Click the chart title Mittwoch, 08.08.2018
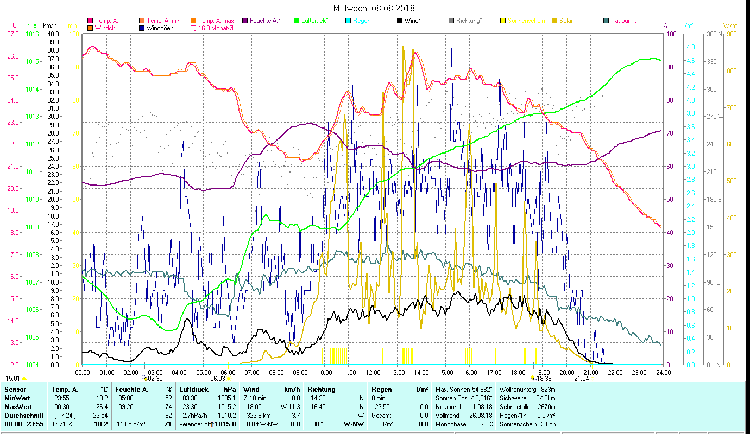375,8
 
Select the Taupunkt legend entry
623,21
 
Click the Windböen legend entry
160,28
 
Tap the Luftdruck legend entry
314,21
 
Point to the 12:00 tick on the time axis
373,373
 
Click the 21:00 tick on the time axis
591,373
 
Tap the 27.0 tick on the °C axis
12,34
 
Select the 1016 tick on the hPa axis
31,34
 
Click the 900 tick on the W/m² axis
732,34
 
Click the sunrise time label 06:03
217,379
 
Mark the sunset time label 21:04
581,379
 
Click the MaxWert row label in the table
18,406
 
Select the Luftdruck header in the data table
194,390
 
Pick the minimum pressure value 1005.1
227,398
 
